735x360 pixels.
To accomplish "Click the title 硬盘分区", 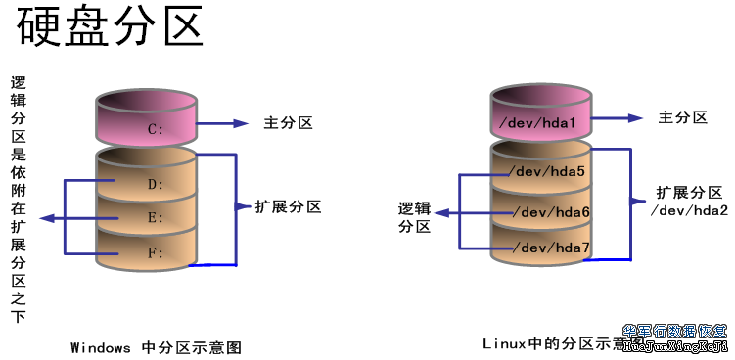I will coord(110,28).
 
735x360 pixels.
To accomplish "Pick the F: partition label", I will coord(154,252).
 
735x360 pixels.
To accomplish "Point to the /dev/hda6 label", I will coord(553,212).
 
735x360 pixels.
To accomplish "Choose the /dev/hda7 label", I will coord(553,248).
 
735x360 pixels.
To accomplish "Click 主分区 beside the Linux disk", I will coord(682,117).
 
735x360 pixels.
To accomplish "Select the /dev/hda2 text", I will coord(689,210).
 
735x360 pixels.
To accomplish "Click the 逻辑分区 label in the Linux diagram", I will coord(415,217).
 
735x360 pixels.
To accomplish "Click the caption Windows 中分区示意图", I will coord(156,347).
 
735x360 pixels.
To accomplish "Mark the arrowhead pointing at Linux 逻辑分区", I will coord(442,210).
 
